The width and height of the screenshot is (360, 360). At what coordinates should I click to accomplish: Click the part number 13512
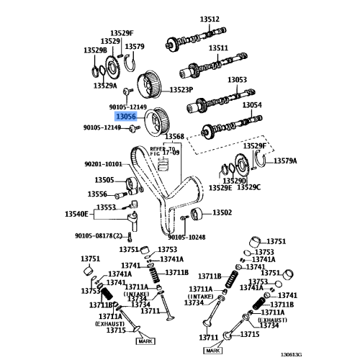tap(210, 19)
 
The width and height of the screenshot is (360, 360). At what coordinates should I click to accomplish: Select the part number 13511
tap(218, 48)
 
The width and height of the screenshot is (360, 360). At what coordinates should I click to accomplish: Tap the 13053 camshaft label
tap(238, 80)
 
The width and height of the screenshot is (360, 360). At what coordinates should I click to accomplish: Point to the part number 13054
tap(251, 104)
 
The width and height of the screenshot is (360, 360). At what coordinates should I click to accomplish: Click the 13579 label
tap(135, 48)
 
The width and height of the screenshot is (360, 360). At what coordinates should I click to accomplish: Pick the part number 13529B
tap(95, 50)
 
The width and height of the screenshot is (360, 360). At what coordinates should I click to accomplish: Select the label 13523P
tap(181, 90)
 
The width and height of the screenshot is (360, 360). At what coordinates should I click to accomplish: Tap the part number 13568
tap(174, 136)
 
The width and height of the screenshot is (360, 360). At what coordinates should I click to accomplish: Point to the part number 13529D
tap(234, 179)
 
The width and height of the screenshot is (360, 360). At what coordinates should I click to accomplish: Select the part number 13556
tap(97, 194)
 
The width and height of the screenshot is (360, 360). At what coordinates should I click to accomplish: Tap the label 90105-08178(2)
tap(99, 235)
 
